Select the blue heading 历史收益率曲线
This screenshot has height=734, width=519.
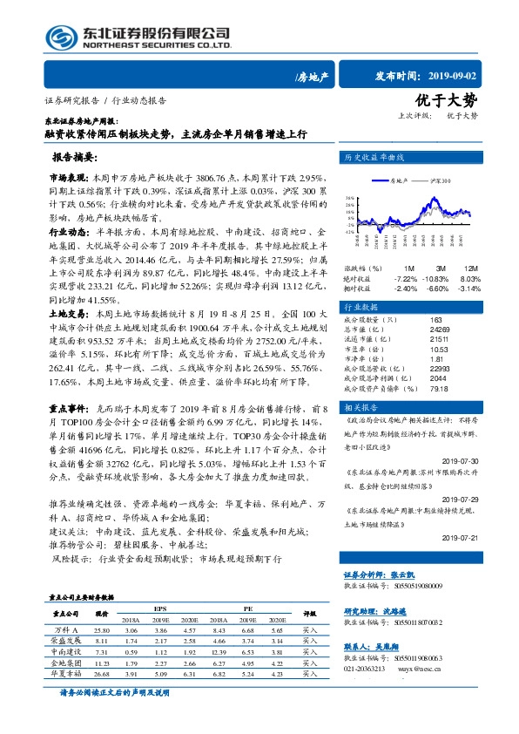(375, 158)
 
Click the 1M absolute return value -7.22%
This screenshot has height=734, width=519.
(407, 278)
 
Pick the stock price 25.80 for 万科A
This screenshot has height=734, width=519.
(102, 629)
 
